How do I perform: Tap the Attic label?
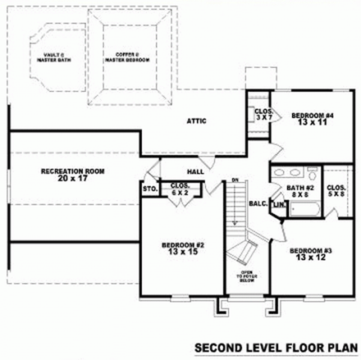pyautogui.click(x=197, y=121)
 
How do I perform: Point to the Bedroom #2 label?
pyautogui.click(x=176, y=248)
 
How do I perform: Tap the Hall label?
pyautogui.click(x=195, y=171)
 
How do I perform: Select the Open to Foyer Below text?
pyautogui.click(x=246, y=277)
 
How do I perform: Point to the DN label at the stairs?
pyautogui.click(x=235, y=180)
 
